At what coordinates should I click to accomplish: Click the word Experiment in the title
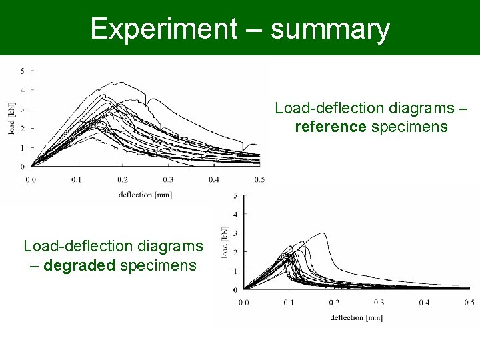coord(163,29)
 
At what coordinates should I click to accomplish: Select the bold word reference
coord(331,127)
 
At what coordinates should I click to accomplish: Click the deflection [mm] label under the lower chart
coord(356,317)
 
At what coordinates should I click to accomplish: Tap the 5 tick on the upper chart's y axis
coord(23,71)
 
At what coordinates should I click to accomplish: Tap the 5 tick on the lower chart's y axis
coord(235,195)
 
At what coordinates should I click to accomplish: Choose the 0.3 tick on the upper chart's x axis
coord(167,179)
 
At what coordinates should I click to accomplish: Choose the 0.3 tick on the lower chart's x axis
coord(379,303)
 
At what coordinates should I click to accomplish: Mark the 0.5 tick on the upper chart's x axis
coord(259,179)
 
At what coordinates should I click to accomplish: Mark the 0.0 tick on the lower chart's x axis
coord(244,303)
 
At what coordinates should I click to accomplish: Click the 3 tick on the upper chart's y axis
coord(23,109)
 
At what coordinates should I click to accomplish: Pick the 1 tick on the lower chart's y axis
coord(235,271)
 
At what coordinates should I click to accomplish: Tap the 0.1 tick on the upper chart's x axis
coord(77,179)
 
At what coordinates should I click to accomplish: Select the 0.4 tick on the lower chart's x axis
coord(424,303)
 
